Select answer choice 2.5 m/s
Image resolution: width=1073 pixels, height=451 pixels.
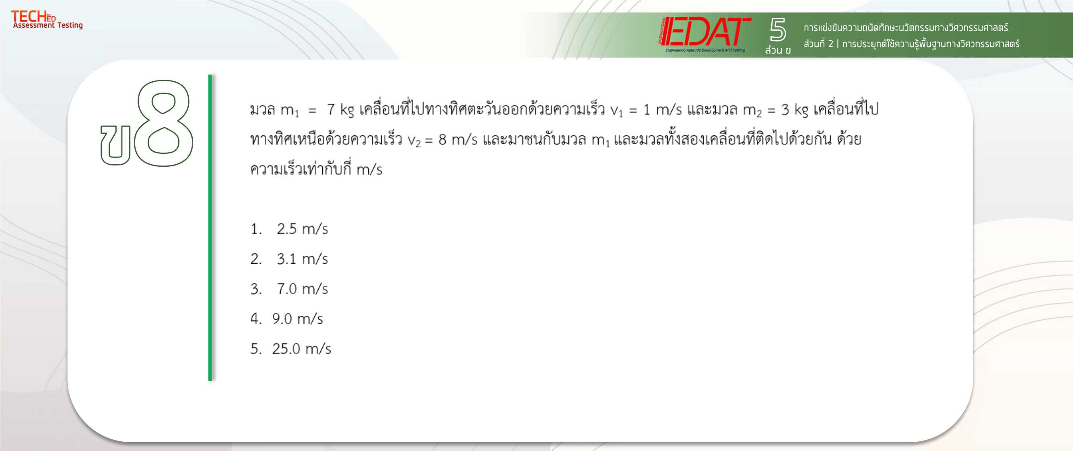(302, 229)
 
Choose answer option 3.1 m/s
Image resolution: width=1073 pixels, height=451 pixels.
(302, 259)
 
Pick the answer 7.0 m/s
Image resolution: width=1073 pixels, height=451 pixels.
(302, 289)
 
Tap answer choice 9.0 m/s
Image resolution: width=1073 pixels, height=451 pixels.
(297, 319)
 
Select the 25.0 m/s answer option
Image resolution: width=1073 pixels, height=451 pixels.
(302, 349)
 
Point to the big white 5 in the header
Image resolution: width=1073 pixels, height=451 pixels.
(778, 30)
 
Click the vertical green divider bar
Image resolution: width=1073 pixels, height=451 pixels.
(210, 228)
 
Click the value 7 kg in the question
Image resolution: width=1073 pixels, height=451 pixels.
(340, 110)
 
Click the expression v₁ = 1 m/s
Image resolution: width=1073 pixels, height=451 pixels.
(646, 110)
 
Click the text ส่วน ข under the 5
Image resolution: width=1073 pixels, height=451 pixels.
(778, 50)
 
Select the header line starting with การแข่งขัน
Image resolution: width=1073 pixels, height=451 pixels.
(906, 27)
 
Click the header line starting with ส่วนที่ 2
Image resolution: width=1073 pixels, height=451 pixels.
(911, 44)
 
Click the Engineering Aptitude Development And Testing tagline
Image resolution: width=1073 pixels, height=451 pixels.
(705, 50)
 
